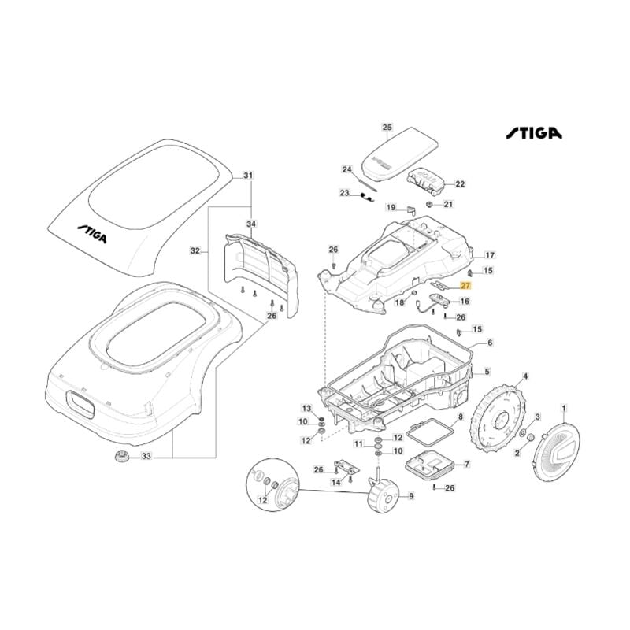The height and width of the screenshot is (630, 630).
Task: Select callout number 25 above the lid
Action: pyautogui.click(x=387, y=127)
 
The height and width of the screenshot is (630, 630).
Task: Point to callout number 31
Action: pyautogui.click(x=249, y=175)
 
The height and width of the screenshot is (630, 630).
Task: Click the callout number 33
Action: pyautogui.click(x=146, y=456)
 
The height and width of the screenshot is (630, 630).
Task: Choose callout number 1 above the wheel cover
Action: pyautogui.click(x=563, y=407)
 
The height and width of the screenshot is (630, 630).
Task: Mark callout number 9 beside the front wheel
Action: pyautogui.click(x=410, y=496)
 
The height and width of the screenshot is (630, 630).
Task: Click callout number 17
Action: pyautogui.click(x=489, y=255)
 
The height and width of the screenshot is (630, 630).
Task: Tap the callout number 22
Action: pyautogui.click(x=461, y=184)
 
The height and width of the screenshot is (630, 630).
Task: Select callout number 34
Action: pyautogui.click(x=251, y=224)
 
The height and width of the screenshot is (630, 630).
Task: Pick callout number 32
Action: pyautogui.click(x=195, y=252)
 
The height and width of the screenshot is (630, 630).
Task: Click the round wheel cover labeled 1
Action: pyautogui.click(x=561, y=453)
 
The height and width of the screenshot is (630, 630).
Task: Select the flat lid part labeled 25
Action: pyautogui.click(x=399, y=150)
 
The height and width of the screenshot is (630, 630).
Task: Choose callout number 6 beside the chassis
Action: pyautogui.click(x=489, y=343)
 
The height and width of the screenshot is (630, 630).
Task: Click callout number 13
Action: pyautogui.click(x=306, y=407)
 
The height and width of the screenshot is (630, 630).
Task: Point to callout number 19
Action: pyautogui.click(x=390, y=208)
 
